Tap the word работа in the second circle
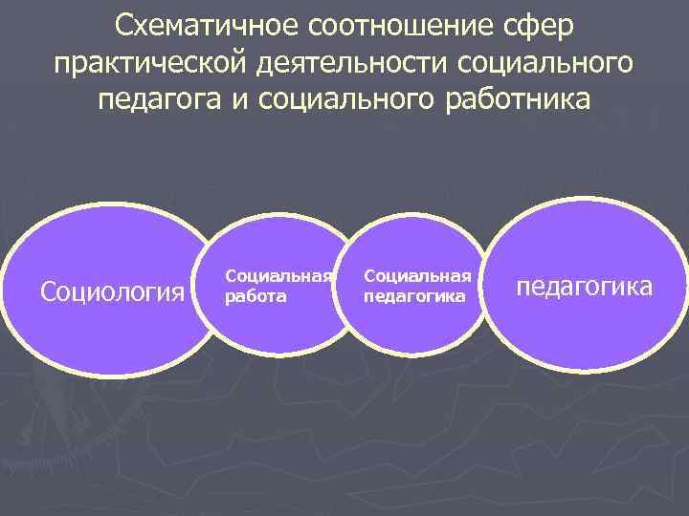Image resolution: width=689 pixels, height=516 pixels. pos(255,296)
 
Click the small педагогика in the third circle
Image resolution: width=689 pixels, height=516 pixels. pos(414,296)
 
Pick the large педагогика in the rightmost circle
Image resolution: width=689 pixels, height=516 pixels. pos(584,286)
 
